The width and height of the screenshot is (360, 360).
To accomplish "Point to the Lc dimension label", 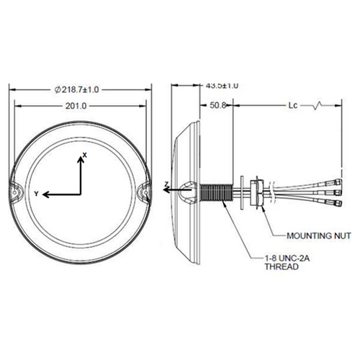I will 292,105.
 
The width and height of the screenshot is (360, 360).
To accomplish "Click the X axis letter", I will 84,156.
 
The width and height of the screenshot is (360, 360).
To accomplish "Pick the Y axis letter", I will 36,193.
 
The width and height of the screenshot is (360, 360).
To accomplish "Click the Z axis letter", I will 166,185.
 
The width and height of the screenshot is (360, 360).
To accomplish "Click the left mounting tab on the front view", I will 17,192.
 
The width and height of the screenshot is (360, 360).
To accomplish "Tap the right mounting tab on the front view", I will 143,192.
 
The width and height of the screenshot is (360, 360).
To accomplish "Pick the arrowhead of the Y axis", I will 45,194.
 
